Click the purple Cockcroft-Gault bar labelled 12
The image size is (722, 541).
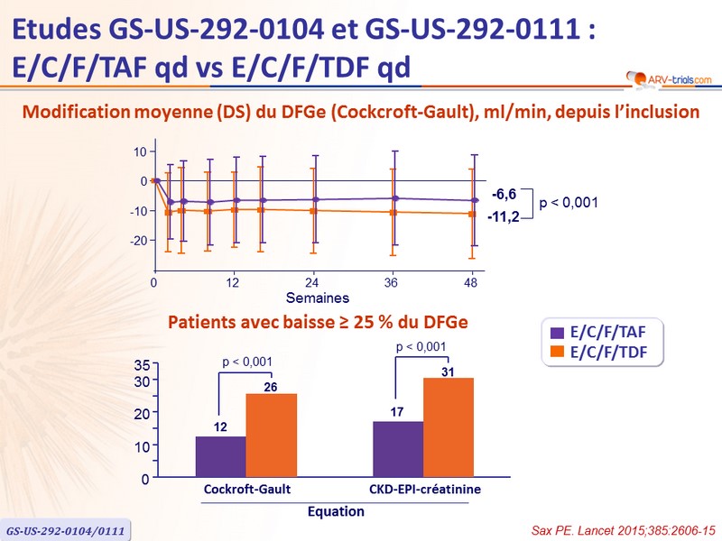coord(220,457)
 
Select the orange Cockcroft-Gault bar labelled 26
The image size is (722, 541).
coord(271,436)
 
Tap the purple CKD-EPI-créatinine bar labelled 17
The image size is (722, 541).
coord(397,449)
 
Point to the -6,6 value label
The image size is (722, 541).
coord(504,193)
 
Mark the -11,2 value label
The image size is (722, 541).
coord(502,216)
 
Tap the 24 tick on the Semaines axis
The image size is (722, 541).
coord(312,283)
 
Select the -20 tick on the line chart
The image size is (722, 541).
coord(138,241)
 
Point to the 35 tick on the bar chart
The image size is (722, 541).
coord(142,365)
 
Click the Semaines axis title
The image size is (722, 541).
coord(318,298)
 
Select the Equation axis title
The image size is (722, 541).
coord(336,511)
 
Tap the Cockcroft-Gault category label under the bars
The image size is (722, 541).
coord(246,490)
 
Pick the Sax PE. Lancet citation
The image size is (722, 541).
coord(623,526)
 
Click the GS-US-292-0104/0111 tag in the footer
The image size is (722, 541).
coord(65,528)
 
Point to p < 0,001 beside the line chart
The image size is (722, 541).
coord(569,204)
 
